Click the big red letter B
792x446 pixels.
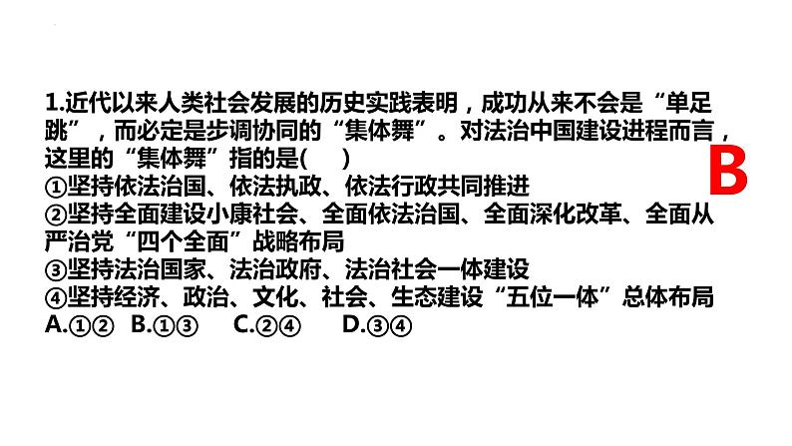coord(727,171)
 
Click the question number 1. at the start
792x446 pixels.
coord(55,103)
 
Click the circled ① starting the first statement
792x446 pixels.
coord(57,187)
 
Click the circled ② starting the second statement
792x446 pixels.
coord(57,214)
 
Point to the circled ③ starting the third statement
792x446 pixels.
coord(57,269)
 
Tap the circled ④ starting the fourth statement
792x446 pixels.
coord(57,297)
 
